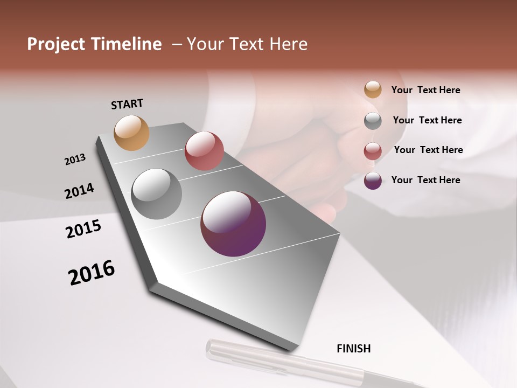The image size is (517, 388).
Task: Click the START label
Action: pos(127,103)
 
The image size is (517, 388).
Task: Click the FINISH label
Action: pos(353,349)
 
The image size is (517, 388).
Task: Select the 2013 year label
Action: pos(75,160)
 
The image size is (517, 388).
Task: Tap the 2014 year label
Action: pos(79,191)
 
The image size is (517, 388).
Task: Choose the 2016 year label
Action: pos(92,272)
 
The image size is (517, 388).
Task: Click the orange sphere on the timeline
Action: pos(131,133)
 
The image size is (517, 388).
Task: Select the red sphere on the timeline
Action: pos(204,151)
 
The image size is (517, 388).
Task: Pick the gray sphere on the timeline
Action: pos(156,194)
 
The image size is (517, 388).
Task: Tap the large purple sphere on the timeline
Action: pos(233,224)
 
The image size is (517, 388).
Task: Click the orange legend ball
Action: pos(373,89)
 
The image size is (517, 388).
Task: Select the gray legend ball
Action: pos(373,120)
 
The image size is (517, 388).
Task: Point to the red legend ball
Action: pos(373,151)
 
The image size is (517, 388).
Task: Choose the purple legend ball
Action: pos(373,181)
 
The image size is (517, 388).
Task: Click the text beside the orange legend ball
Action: pos(425,90)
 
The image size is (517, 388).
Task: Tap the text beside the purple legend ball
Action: pos(425,180)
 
